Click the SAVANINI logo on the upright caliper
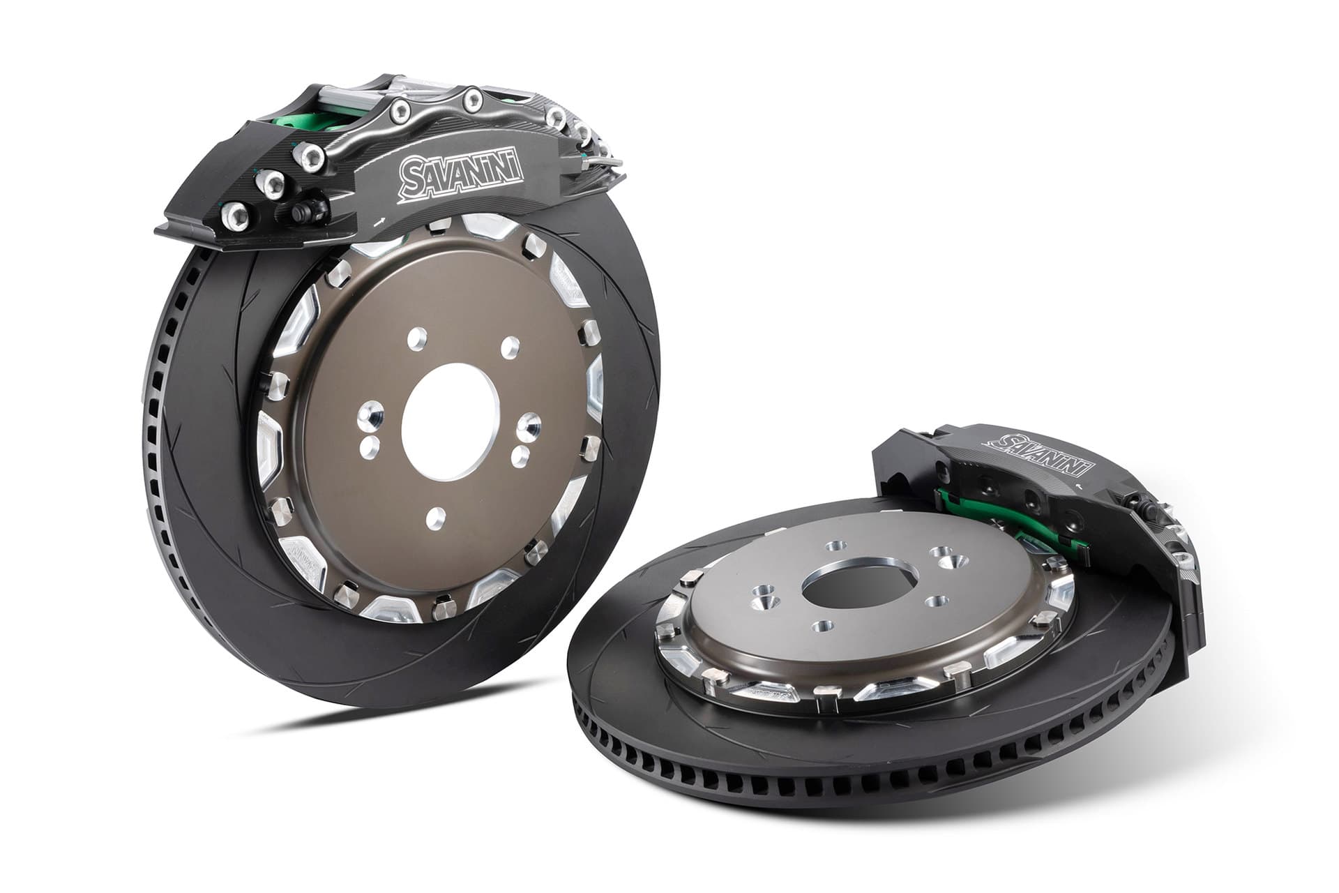[x=460, y=172]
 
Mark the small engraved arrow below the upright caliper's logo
[x=381, y=222]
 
